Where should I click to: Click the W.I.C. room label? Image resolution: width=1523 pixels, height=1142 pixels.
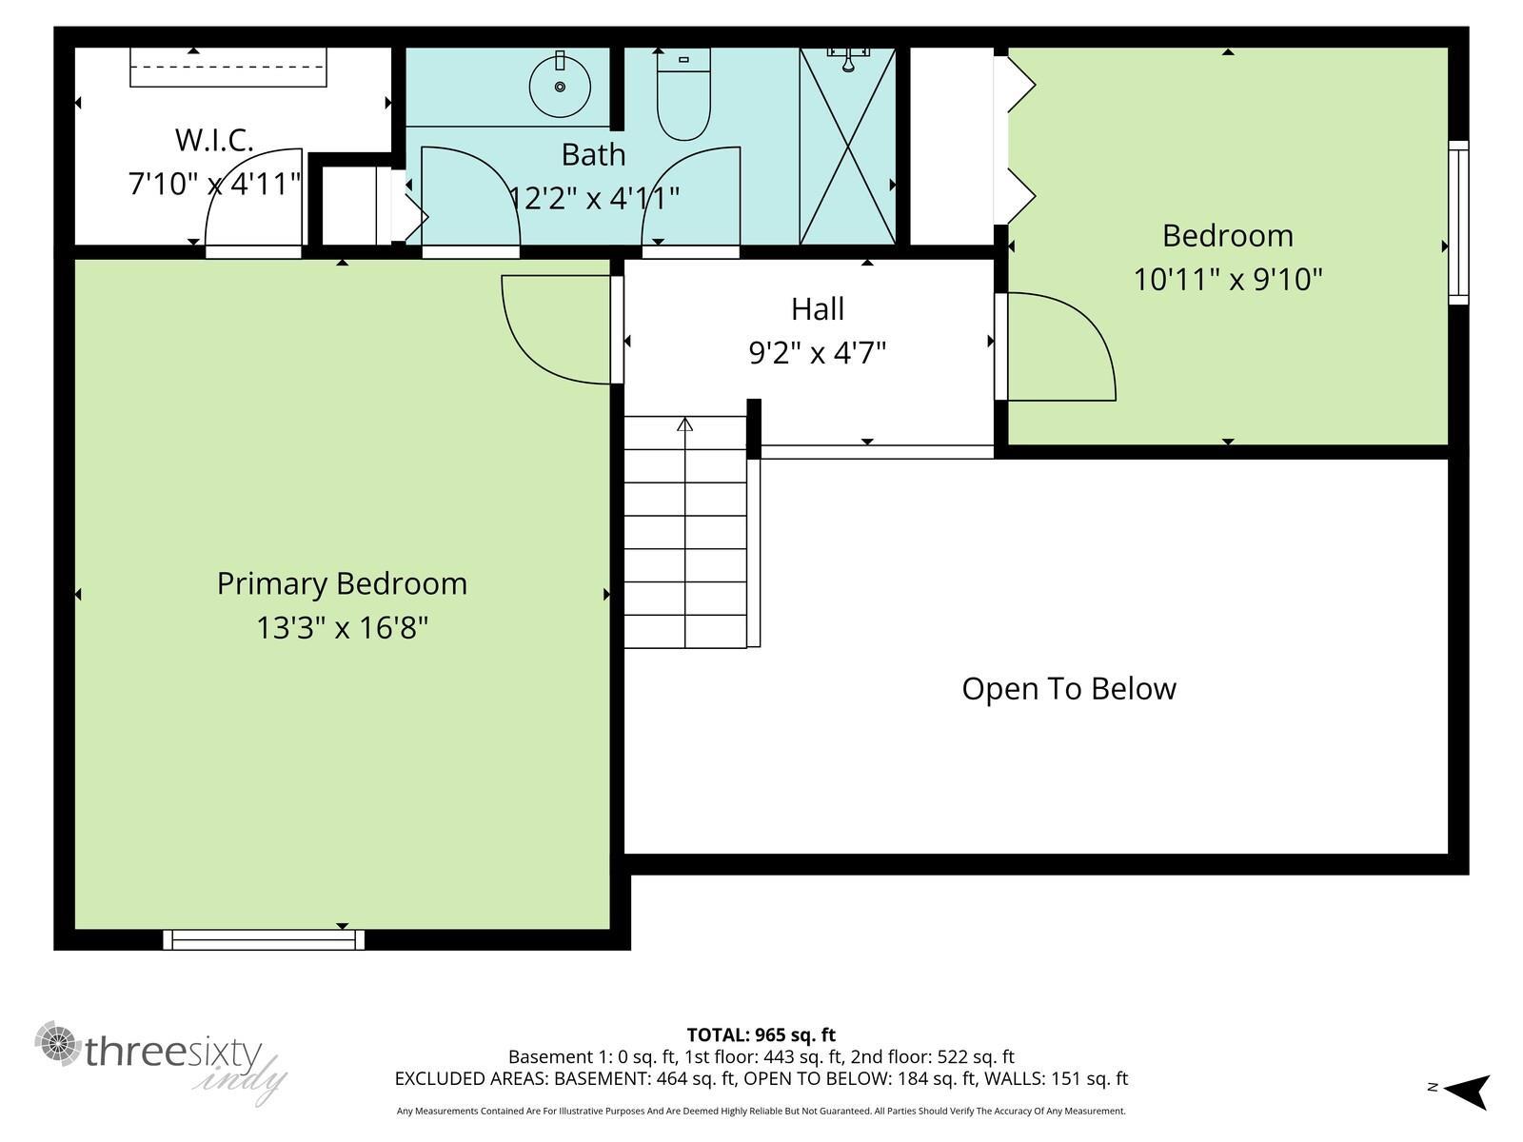[x=214, y=141]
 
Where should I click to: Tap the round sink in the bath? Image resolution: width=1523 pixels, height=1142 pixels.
[x=560, y=86]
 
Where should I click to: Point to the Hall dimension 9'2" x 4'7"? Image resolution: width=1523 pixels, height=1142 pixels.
[x=817, y=353]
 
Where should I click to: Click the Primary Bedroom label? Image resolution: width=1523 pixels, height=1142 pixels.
[x=342, y=583]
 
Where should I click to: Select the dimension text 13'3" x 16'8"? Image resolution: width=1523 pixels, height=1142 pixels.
[x=342, y=628]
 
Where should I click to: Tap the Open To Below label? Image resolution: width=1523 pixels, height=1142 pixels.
[x=1069, y=689]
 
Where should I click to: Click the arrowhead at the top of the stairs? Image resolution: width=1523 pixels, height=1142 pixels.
[x=684, y=424]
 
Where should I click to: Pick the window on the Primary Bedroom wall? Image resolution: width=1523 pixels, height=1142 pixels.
[x=264, y=940]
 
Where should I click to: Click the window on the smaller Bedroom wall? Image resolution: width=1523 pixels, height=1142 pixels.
[x=1457, y=223]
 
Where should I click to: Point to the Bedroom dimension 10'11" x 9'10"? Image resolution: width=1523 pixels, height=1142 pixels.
[x=1228, y=280]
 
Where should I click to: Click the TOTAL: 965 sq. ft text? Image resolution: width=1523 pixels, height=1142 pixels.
[x=761, y=1034]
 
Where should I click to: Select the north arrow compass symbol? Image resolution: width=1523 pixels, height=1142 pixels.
[x=1469, y=1091]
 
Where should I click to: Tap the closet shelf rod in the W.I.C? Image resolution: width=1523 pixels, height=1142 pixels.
[x=228, y=67]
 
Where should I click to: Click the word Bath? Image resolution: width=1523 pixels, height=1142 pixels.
[x=593, y=154]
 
